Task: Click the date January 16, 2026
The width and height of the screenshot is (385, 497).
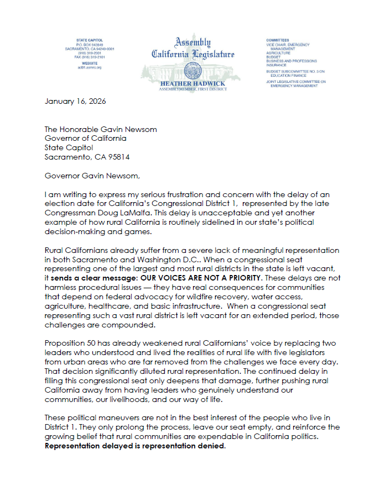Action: tap(75, 101)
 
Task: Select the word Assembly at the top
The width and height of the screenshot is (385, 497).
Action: tap(193, 43)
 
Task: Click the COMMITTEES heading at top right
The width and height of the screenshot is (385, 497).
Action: tap(278, 40)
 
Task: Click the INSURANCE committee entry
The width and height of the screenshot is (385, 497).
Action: tap(277, 65)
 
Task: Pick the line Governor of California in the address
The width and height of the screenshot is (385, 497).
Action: tap(85, 139)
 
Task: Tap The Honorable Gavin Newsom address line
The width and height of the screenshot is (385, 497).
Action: tap(101, 129)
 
